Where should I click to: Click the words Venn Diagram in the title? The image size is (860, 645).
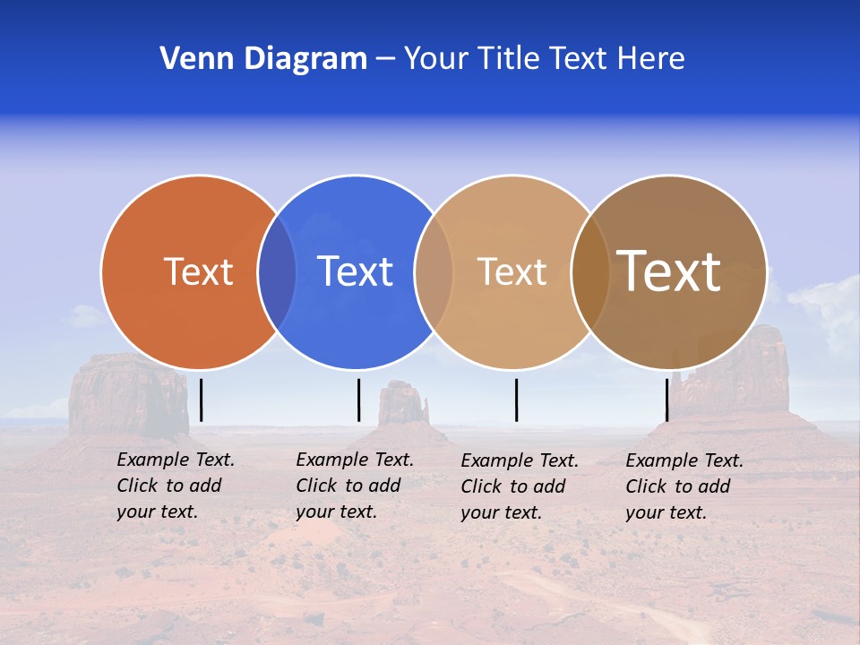pos(263,59)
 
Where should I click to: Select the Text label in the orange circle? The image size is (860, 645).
pos(198,271)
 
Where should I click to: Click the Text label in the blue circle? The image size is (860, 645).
pos(355,271)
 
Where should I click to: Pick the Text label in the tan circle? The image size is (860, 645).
pos(512,271)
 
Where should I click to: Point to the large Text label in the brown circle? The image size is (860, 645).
pos(669,271)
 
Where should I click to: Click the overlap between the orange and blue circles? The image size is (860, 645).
pos(277,271)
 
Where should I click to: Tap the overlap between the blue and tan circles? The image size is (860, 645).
pos(434,271)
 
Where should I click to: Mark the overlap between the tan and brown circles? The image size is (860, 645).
pos(590,271)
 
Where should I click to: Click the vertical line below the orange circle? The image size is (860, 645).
pos(202,400)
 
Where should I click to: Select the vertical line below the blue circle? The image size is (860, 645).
pos(358,400)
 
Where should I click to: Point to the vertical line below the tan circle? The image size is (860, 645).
pos(516,400)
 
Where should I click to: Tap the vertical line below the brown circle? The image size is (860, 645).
pos(666,400)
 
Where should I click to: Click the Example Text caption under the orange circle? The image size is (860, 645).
pos(176,486)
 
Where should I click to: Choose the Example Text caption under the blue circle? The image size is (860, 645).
pos(355,486)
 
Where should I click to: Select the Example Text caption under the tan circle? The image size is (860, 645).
pos(520,486)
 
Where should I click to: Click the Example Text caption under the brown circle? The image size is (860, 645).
pos(684,486)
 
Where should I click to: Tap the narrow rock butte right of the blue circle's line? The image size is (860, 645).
pos(401,403)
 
